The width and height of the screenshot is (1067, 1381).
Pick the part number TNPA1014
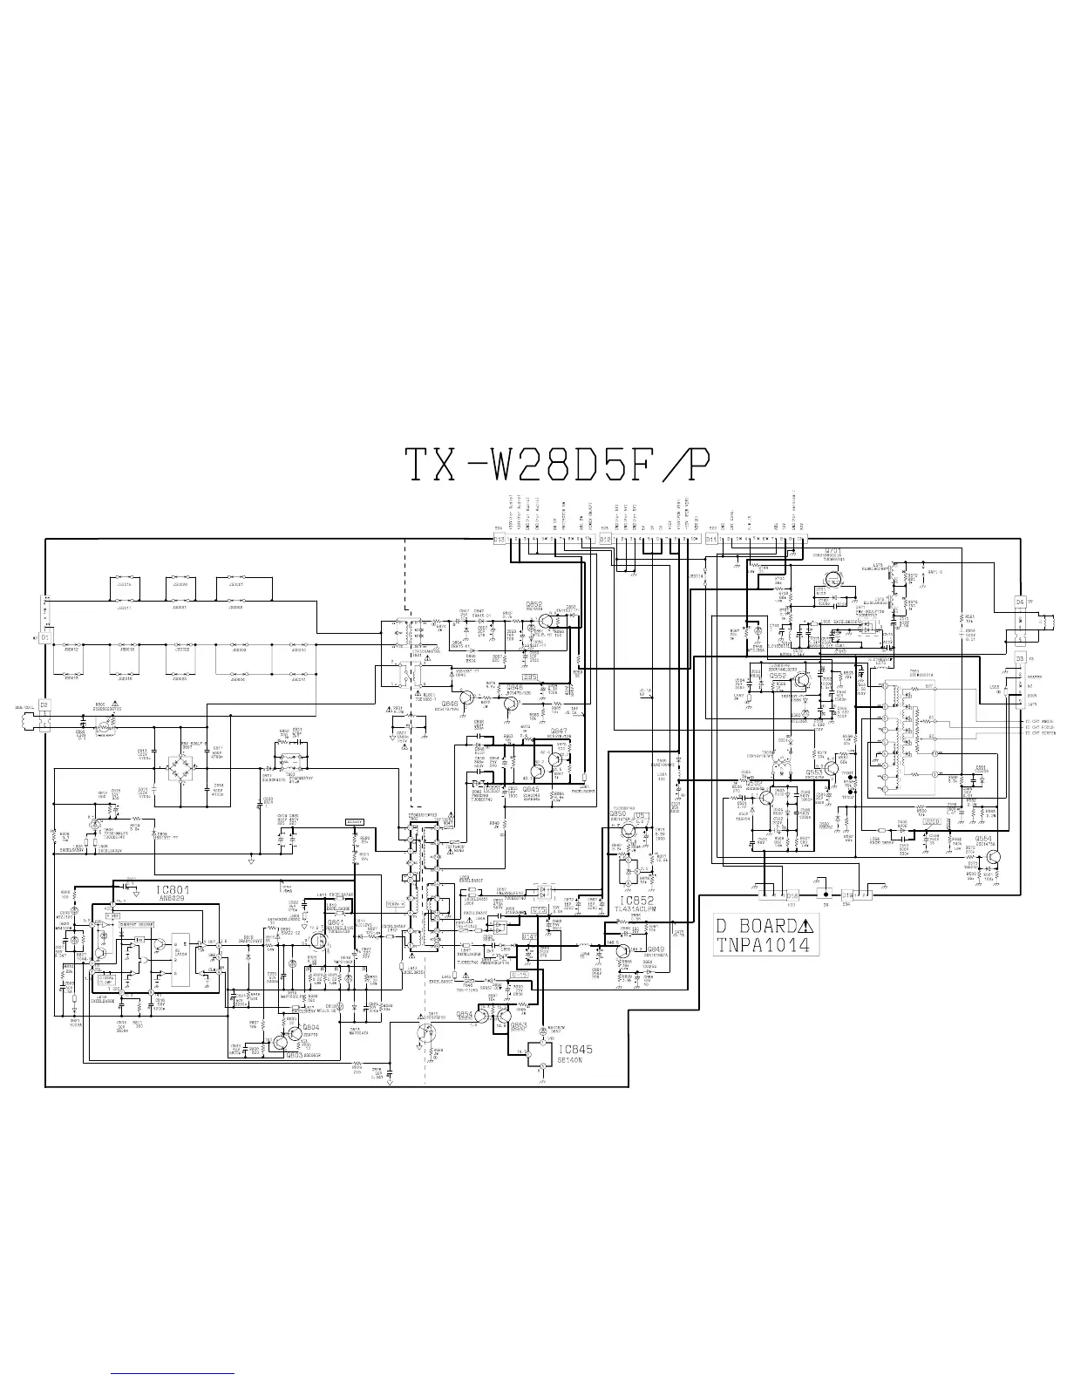click(763, 945)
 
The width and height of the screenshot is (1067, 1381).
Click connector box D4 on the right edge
click(1020, 602)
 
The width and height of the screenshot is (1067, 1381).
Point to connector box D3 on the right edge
click(1020, 659)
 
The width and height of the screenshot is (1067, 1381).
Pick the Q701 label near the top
click(833, 551)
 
